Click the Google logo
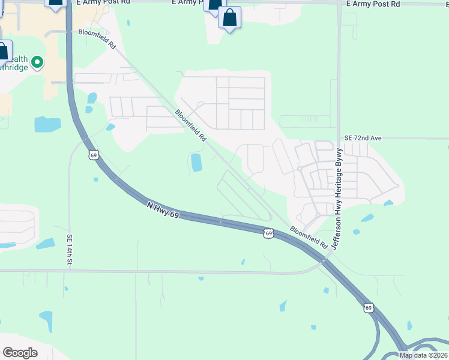coord(20,353)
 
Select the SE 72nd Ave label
coord(363,138)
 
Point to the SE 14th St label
coord(70,250)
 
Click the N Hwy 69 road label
coord(163,210)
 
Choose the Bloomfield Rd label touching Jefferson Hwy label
coord(309,237)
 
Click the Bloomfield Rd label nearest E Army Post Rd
coord(96,39)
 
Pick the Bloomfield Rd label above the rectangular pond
coord(190,125)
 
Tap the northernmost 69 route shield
coord(92,155)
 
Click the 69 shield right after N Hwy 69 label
coord(268,233)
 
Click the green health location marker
coord(37,62)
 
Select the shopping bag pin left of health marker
coord(3,51)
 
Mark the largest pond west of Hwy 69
coord(47,124)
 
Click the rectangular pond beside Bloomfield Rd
coord(196,161)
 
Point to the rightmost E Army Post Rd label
coord(373,4)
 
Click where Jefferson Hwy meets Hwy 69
coord(324,260)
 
